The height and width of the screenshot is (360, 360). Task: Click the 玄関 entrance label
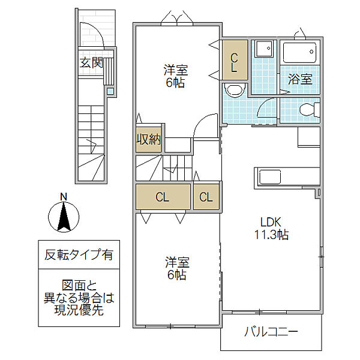(91, 62)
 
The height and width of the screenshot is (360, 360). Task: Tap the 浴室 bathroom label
(300, 79)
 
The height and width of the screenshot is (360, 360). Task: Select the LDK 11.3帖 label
(271, 228)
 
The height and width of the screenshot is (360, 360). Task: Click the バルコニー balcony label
(271, 332)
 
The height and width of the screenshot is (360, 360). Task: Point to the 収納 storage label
(149, 139)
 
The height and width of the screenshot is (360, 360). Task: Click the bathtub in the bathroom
(299, 53)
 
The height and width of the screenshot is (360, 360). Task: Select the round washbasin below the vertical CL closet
(235, 90)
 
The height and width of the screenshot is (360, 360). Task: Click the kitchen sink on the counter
(270, 177)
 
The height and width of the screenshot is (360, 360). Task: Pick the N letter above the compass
(64, 197)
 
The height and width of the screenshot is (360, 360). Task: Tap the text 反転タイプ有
(79, 254)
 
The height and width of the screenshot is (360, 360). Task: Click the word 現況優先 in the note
(79, 310)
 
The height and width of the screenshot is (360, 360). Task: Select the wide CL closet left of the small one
(163, 197)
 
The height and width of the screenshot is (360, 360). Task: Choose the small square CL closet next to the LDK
(206, 197)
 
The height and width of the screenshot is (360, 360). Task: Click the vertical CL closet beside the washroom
(235, 60)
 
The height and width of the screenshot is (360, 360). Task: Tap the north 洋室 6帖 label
(176, 76)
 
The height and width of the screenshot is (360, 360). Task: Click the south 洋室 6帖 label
(177, 268)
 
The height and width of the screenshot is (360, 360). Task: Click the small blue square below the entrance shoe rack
(110, 91)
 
